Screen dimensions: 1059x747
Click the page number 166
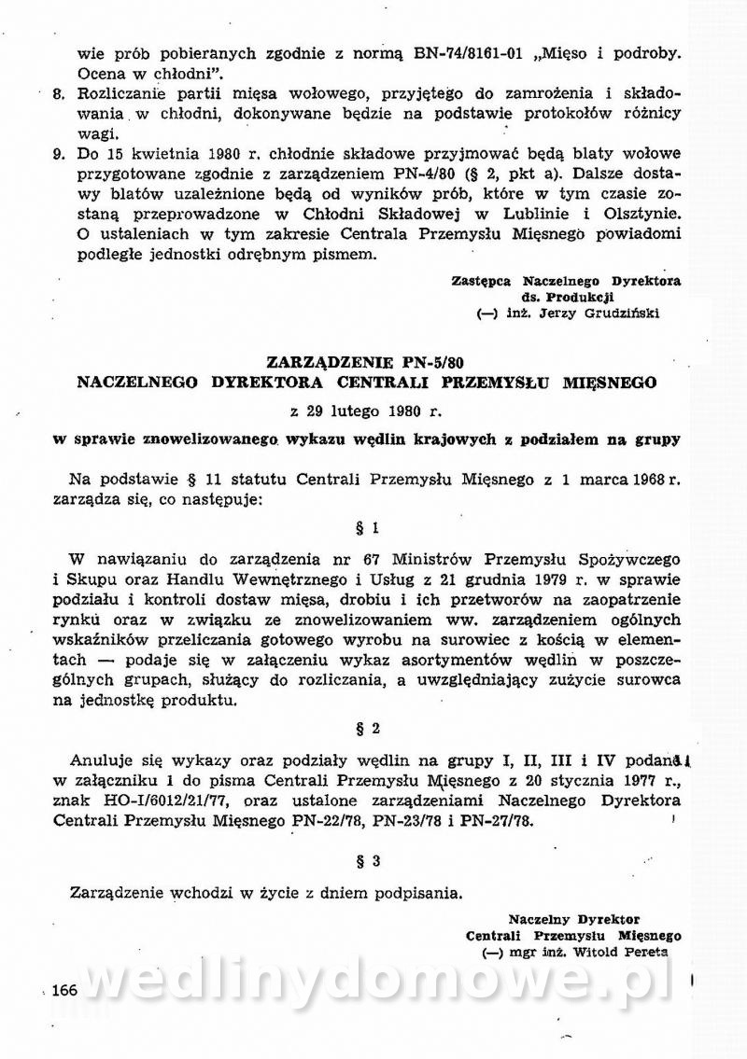click(x=64, y=990)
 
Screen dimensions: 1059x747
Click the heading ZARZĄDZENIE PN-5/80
click(x=367, y=362)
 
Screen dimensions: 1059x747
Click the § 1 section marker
click(x=368, y=528)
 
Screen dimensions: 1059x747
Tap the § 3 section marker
click(x=368, y=861)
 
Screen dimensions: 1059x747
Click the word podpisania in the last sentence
click(x=418, y=891)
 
